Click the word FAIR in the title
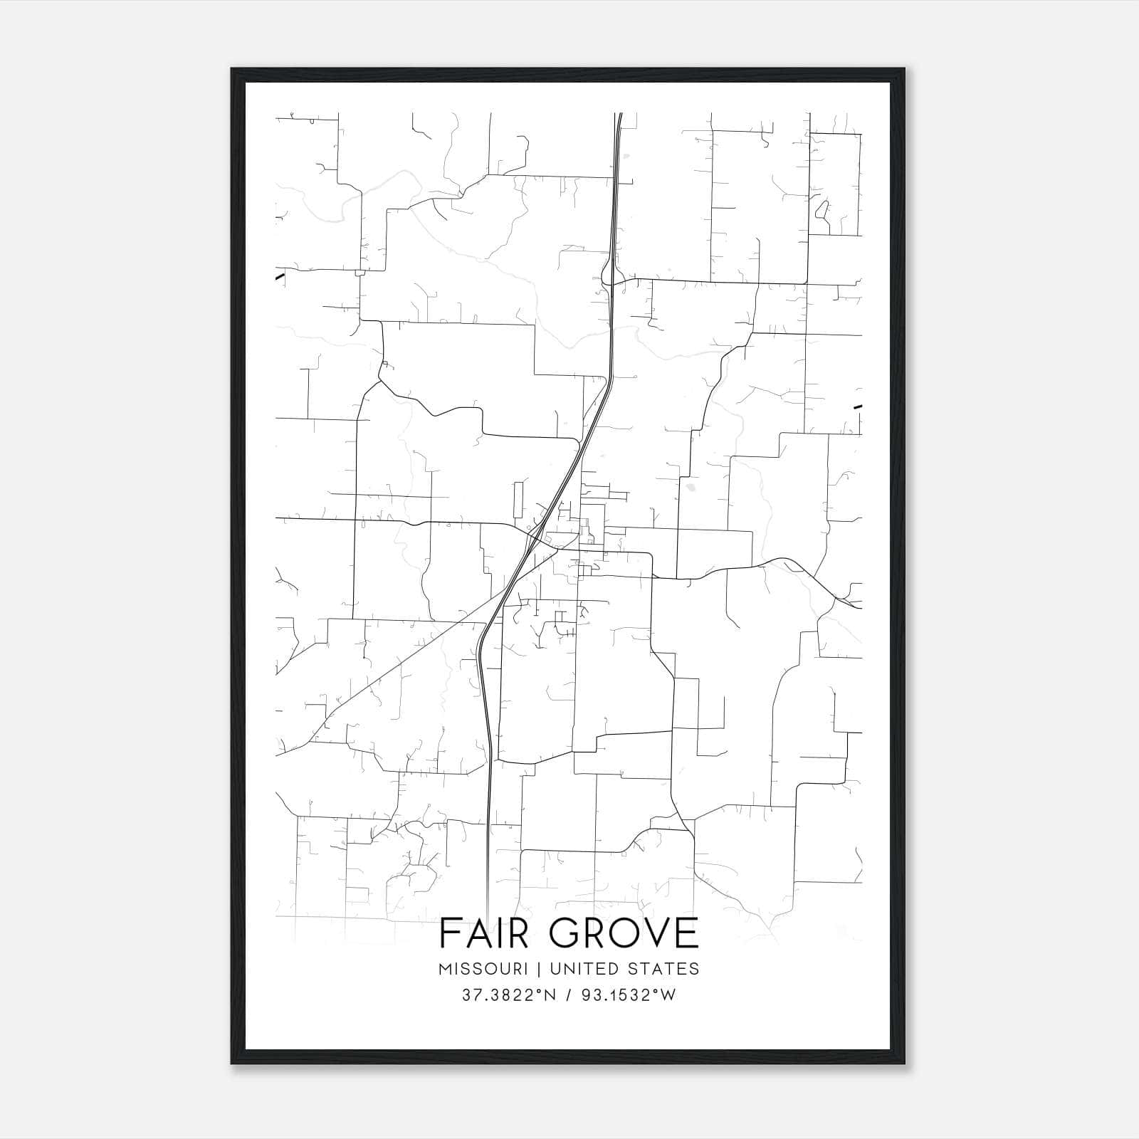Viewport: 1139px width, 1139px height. coord(483,933)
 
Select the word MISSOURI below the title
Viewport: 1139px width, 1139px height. coord(483,968)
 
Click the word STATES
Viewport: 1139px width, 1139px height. coord(664,968)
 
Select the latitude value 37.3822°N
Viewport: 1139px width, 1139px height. coord(507,995)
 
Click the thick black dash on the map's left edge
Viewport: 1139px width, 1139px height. coord(280,276)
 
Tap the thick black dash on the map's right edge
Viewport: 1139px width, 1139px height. coord(858,406)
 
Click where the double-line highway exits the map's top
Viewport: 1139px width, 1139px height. coord(619,114)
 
